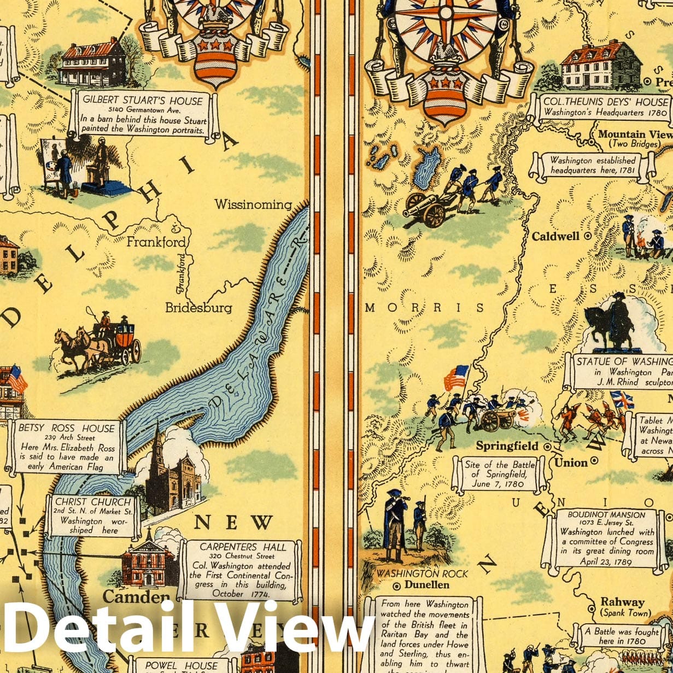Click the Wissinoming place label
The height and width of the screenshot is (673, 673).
pyautogui.click(x=253, y=204)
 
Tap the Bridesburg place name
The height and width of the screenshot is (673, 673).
pyautogui.click(x=198, y=307)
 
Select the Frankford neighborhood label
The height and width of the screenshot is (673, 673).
pyautogui.click(x=156, y=242)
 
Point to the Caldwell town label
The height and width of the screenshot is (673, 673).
pyautogui.click(x=555, y=236)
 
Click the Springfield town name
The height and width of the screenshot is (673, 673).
pyautogui.click(x=507, y=446)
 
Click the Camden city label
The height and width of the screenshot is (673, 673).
pyautogui.click(x=136, y=596)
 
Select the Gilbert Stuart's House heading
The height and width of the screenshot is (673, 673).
pyautogui.click(x=143, y=101)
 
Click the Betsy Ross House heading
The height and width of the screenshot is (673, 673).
pyautogui.click(x=67, y=428)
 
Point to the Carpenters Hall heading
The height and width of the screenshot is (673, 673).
pyautogui.click(x=243, y=547)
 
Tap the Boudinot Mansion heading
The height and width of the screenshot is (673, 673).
pyautogui.click(x=606, y=514)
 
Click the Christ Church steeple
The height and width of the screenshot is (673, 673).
pyautogui.click(x=156, y=443)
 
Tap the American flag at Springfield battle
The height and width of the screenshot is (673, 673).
pyautogui.click(x=457, y=377)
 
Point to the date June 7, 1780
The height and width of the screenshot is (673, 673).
pyautogui.click(x=498, y=484)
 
